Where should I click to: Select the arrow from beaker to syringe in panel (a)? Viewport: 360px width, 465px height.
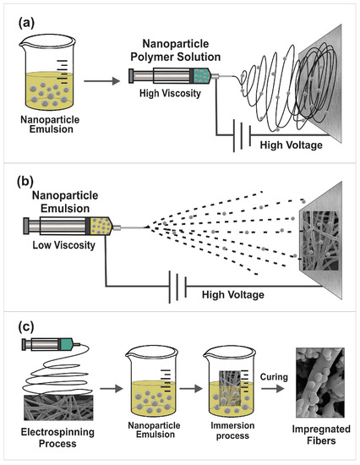click(106, 81)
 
